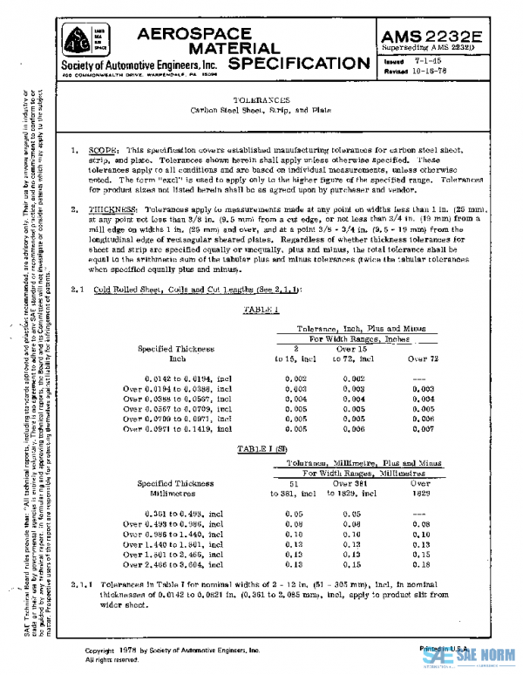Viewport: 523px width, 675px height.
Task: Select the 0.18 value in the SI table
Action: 421,564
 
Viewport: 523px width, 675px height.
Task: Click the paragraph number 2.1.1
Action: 81,583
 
